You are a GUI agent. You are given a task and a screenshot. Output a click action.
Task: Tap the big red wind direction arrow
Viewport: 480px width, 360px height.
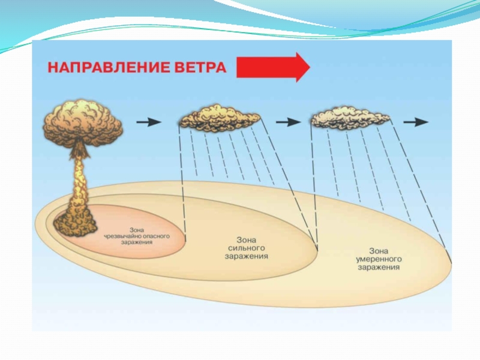pyautogui.click(x=273, y=67)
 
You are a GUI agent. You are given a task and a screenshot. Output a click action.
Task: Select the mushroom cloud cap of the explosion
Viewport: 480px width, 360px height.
pyautogui.click(x=83, y=122)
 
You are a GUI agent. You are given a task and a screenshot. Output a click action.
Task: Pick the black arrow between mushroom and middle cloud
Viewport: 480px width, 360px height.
pyautogui.click(x=149, y=122)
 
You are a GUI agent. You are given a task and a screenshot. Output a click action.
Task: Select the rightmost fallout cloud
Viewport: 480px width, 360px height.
pyautogui.click(x=350, y=118)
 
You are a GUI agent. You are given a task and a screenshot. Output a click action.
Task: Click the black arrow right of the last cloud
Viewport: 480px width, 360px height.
pyautogui.click(x=416, y=122)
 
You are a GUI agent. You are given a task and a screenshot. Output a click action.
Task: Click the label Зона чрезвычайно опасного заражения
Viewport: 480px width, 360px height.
pyautogui.click(x=137, y=236)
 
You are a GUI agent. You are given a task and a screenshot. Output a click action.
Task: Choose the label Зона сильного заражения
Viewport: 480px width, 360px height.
pyautogui.click(x=248, y=247)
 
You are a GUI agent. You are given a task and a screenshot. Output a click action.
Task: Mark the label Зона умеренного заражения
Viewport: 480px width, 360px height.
pyautogui.click(x=379, y=259)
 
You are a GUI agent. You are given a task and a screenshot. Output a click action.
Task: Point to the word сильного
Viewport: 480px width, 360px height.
pyautogui.click(x=248, y=247)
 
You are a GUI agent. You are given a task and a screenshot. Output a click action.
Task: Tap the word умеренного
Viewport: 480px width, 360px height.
pyautogui.click(x=379, y=259)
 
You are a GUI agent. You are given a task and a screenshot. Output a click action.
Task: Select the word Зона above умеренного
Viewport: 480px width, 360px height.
pyautogui.click(x=378, y=251)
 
